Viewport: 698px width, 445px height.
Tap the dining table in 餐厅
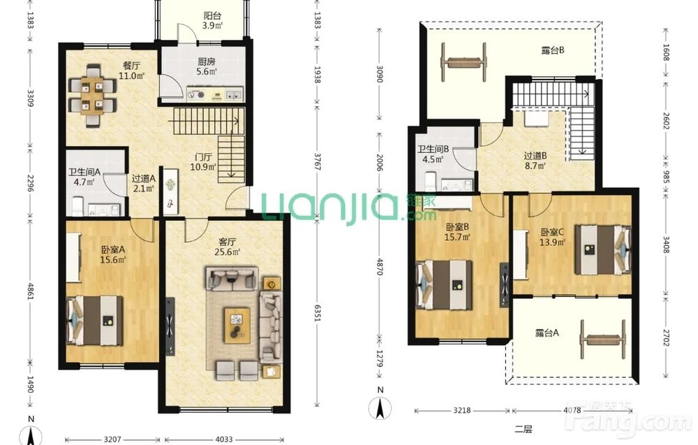click(x=93, y=95)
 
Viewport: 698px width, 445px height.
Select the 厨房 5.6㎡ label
click(x=207, y=66)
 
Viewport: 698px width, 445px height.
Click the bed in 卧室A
click(x=95, y=320)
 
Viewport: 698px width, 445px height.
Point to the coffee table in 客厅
click(x=237, y=325)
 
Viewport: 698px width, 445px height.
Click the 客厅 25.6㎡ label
click(x=227, y=247)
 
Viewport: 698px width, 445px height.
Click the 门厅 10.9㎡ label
click(x=203, y=162)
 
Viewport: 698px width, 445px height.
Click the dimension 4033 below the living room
click(x=224, y=439)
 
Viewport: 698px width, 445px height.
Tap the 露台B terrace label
click(x=552, y=50)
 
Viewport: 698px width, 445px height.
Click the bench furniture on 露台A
click(x=603, y=340)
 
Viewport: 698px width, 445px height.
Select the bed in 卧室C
click(x=603, y=250)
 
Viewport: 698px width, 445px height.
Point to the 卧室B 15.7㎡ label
click(x=457, y=232)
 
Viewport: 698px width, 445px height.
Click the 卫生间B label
click(x=433, y=149)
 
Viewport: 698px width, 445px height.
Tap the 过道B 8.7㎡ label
click(x=535, y=161)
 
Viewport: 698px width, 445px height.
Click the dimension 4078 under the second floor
click(x=572, y=410)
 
